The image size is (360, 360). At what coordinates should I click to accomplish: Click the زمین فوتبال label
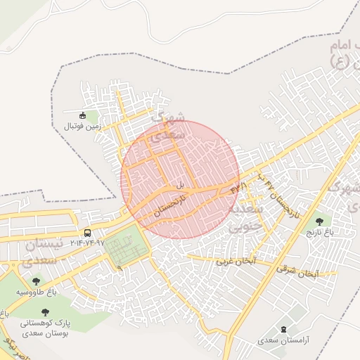83,127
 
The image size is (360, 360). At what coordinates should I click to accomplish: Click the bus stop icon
87,233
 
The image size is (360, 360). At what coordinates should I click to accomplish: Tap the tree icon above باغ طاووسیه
36,282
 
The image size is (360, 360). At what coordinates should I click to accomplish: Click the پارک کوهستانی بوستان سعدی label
45,327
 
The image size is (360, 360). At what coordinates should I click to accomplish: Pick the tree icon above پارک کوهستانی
45,312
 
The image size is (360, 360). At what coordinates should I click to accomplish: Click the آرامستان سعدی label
261,340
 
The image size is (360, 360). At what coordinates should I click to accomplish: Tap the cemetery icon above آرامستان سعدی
284,329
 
